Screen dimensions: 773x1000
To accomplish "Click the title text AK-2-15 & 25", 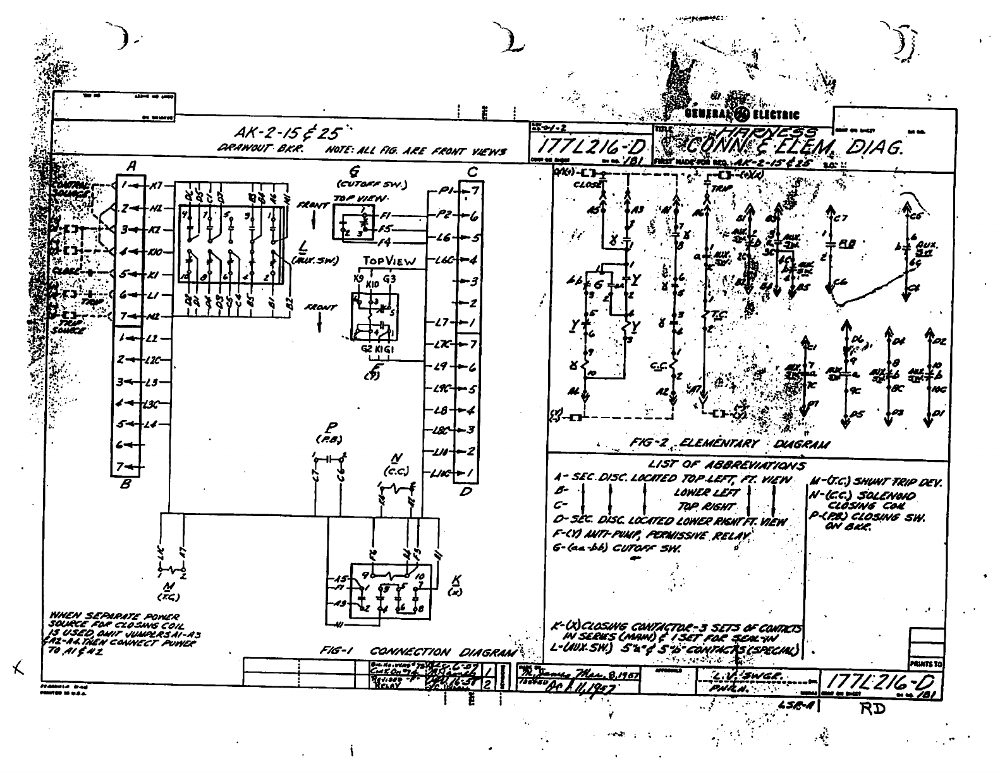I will click(289, 133).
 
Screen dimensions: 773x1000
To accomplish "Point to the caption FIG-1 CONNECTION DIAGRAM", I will click(419, 651).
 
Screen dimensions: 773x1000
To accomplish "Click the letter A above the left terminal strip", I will click(131, 166).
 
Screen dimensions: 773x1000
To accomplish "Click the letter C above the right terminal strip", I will click(471, 172).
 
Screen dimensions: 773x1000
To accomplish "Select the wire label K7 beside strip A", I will click(157, 185).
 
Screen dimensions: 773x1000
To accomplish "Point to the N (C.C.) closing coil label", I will click(398, 466).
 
